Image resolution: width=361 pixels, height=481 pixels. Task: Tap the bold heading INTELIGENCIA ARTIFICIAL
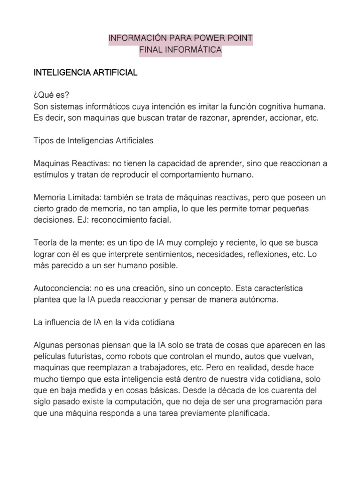85,73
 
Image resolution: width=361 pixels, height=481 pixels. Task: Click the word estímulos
52,175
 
